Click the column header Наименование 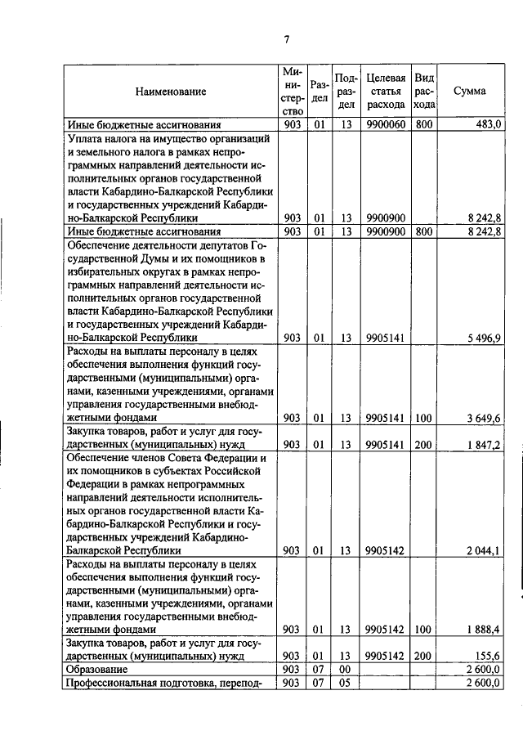(171, 92)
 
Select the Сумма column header (469, 92)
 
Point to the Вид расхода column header (424, 91)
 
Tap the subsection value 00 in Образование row (346, 670)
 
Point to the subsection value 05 (346, 684)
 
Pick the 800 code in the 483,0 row (424, 124)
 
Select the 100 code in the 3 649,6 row (424, 418)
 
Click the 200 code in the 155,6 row (424, 657)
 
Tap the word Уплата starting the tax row (86, 139)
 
